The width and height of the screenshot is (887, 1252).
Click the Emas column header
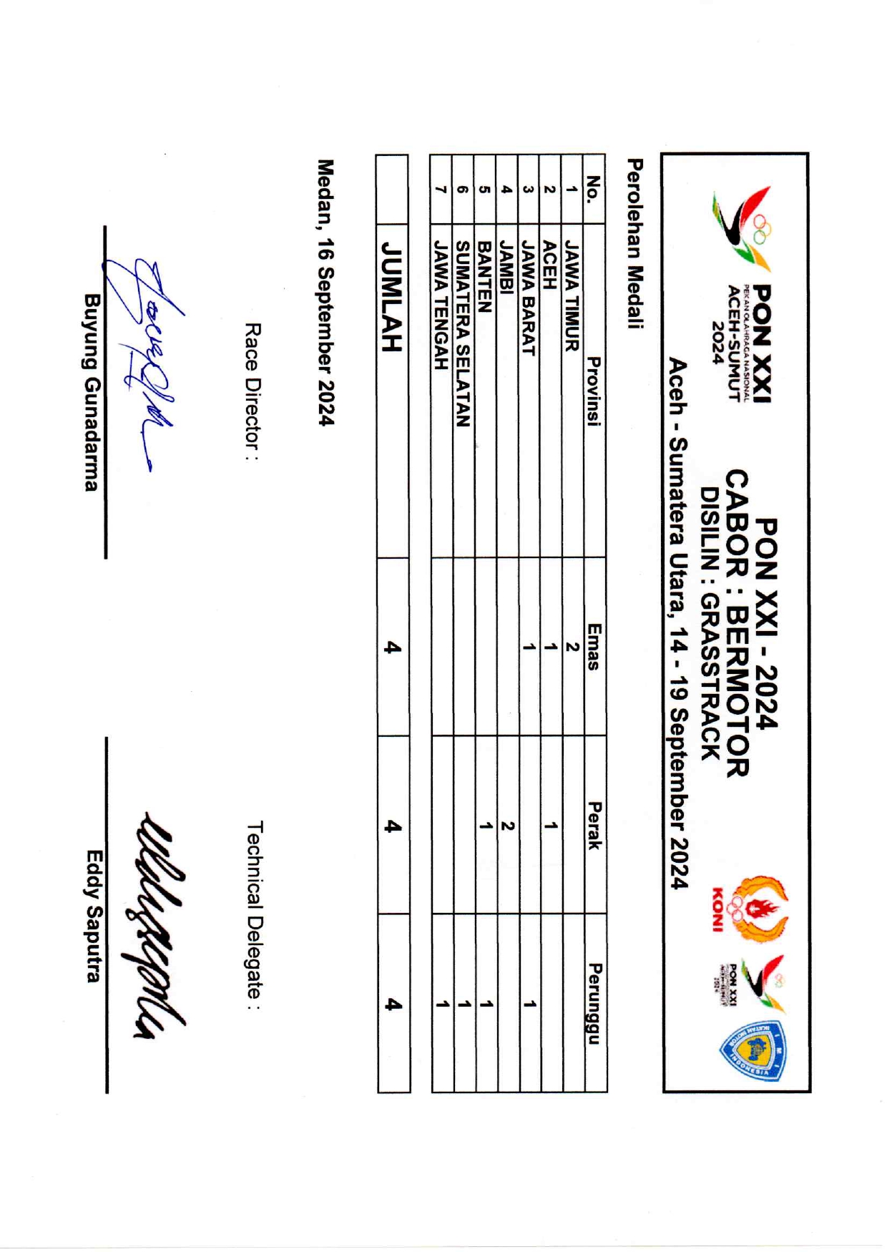coord(594,647)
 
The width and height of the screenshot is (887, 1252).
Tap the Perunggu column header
coord(594,1004)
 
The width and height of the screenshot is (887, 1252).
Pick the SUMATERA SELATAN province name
coord(464,334)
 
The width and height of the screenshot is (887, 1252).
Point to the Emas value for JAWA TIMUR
coord(572,647)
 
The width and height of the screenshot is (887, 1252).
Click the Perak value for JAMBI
coord(507,826)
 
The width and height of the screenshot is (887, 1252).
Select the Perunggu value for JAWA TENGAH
coord(443,1004)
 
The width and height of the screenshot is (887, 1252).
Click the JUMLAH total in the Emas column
coord(392,647)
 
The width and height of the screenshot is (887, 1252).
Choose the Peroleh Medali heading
coord(634,243)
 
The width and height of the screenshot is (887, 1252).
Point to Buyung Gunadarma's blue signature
coord(143,358)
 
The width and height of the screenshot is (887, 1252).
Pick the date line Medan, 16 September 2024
coord(325,293)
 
